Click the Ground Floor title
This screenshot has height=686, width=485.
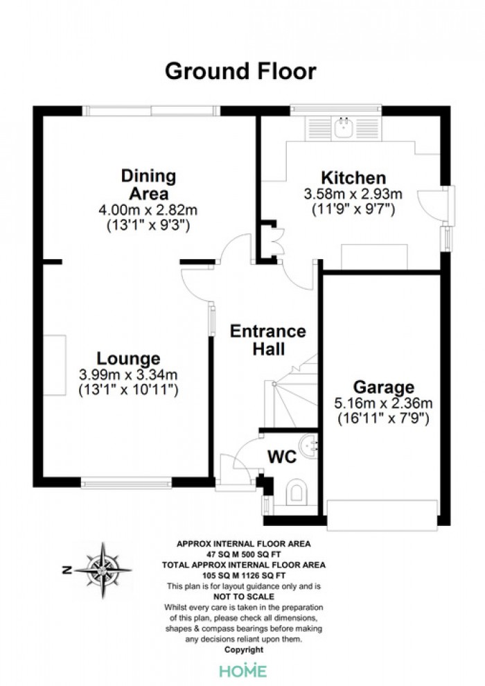240,71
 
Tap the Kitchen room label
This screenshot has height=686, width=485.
353,178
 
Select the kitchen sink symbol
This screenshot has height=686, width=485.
344,127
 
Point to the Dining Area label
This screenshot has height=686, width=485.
149,184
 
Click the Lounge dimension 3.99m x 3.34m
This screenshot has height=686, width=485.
128,375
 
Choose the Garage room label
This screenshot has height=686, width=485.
384,387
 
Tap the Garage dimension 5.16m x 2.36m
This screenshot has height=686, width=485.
384,403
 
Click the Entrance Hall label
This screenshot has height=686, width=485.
268,340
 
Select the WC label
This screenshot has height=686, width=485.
282,457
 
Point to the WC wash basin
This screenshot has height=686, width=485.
310,446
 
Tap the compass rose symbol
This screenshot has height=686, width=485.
103,570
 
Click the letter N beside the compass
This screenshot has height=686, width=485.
67,570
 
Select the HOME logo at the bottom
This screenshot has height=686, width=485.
242,671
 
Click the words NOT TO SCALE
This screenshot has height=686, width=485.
244,597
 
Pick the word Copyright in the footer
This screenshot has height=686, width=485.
244,650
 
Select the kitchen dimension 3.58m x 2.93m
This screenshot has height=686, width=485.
353,194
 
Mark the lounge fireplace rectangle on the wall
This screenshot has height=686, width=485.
55,365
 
